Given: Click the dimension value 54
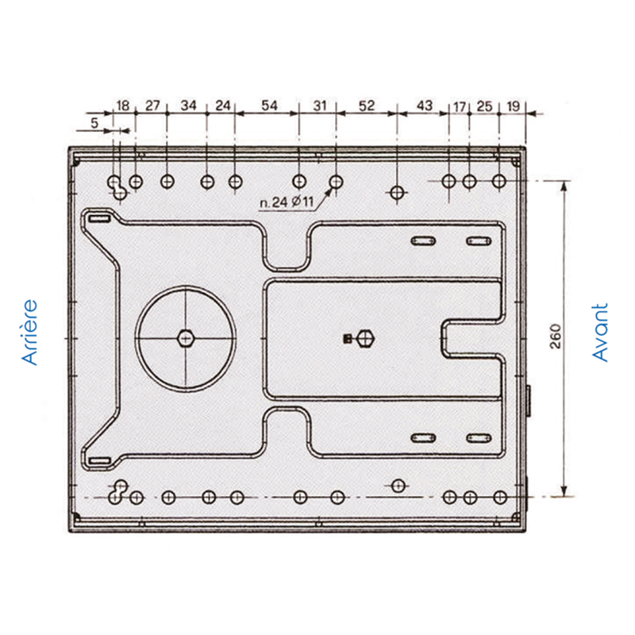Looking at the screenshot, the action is point(269,106).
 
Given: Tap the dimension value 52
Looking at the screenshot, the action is point(367,106).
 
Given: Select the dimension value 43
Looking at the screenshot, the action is point(425,106).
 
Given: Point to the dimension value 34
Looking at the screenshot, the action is point(188,106).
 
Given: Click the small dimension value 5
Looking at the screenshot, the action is point(94,123).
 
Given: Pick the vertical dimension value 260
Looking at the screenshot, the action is point(555,336).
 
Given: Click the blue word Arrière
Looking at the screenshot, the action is point(30,333).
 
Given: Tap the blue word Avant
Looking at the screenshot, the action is point(600,333).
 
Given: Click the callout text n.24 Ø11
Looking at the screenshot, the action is point(287,202).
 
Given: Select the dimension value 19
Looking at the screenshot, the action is point(513,106).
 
